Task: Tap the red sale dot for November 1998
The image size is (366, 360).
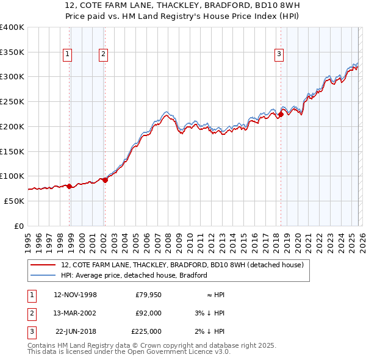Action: (70, 186)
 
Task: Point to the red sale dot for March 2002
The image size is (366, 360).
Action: (105, 180)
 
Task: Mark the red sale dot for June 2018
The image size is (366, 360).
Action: (280, 114)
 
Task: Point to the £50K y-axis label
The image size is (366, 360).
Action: (13, 201)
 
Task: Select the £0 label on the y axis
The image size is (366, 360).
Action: (18, 226)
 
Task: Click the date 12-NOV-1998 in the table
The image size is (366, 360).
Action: (75, 295)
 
